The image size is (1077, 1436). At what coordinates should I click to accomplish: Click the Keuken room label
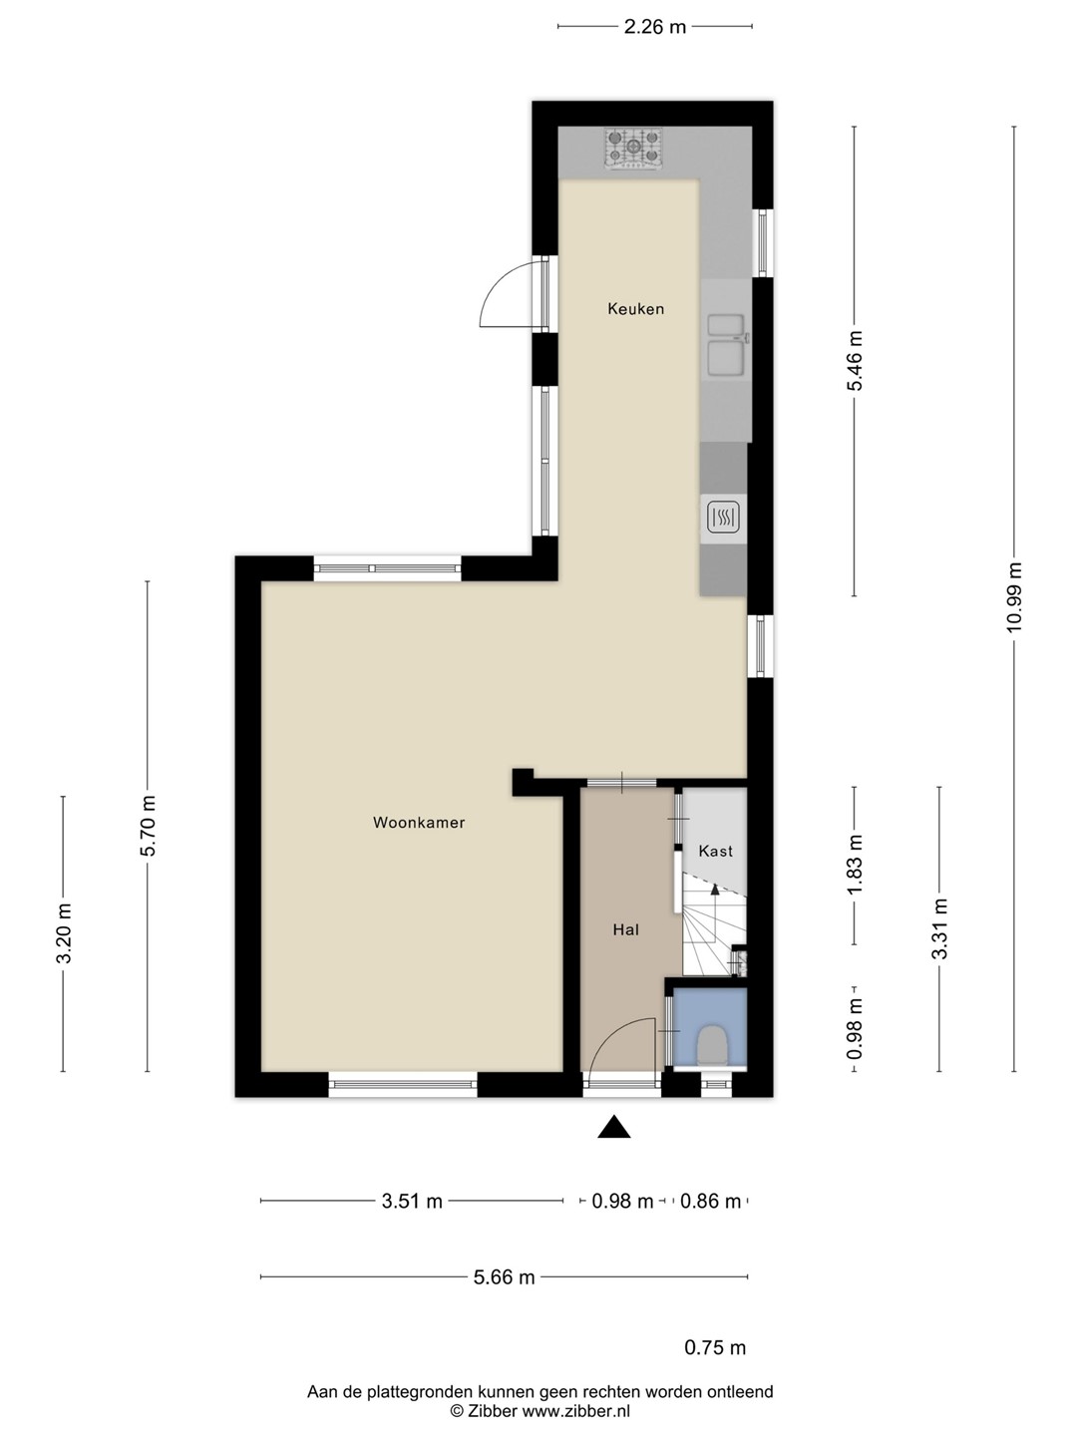pos(635,309)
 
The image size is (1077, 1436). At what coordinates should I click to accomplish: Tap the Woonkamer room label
pos(419,823)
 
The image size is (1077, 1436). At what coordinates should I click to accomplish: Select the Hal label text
pos(626,929)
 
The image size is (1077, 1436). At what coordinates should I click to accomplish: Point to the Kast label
pos(715,852)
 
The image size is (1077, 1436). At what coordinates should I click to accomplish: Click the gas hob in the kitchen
pos(633,148)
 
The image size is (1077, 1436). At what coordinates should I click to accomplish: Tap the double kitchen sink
pos(727,345)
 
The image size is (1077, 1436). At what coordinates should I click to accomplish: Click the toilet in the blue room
pos(711,1045)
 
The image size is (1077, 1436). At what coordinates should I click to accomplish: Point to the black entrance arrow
pos(614,1127)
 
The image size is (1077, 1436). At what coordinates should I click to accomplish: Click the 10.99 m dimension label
pos(1014,596)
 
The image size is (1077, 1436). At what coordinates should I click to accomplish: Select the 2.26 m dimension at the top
pos(654,27)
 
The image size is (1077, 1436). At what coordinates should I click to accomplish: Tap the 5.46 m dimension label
pos(854,360)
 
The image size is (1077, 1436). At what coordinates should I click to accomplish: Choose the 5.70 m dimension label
pos(148,826)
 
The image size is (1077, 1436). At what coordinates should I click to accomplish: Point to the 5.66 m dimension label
pos(505,1277)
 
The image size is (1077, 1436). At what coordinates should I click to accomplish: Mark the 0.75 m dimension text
pos(715,1347)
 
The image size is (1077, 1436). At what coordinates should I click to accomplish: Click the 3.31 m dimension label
pos(939,929)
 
